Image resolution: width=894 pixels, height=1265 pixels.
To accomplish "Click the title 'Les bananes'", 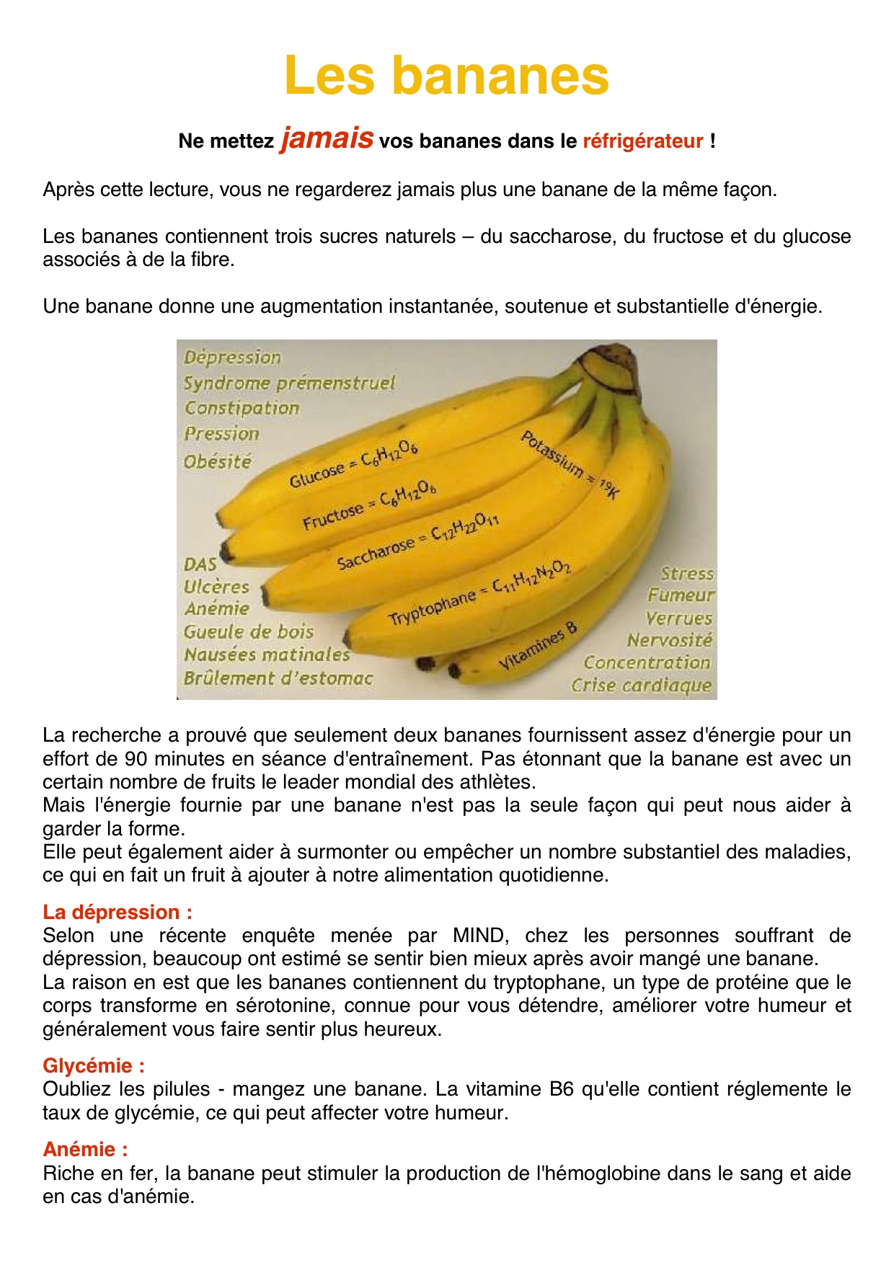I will pyautogui.click(x=446, y=76).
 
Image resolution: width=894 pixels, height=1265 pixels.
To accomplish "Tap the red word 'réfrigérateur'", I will pyautogui.click(x=642, y=141).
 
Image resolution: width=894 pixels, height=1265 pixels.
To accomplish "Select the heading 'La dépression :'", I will pyautogui.click(x=118, y=912).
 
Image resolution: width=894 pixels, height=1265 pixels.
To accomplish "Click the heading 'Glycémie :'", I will pyautogui.click(x=94, y=1065).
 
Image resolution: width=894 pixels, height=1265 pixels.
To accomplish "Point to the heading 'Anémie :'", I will pyautogui.click(x=85, y=1149).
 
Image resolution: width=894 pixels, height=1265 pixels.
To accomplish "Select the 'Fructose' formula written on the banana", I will pyautogui.click(x=368, y=507).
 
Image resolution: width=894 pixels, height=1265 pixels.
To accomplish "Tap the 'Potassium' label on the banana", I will pyautogui.click(x=570, y=463).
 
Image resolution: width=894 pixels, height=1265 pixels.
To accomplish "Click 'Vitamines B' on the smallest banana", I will pyautogui.click(x=538, y=647).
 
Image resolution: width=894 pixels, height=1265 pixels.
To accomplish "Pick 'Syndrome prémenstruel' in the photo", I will pyautogui.click(x=289, y=383).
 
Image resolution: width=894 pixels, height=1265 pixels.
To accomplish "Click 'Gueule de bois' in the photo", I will pyautogui.click(x=248, y=632).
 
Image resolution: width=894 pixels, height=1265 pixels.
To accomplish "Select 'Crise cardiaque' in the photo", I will pyautogui.click(x=641, y=685).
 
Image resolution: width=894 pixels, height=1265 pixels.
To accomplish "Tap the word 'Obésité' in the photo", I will pyautogui.click(x=217, y=461).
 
